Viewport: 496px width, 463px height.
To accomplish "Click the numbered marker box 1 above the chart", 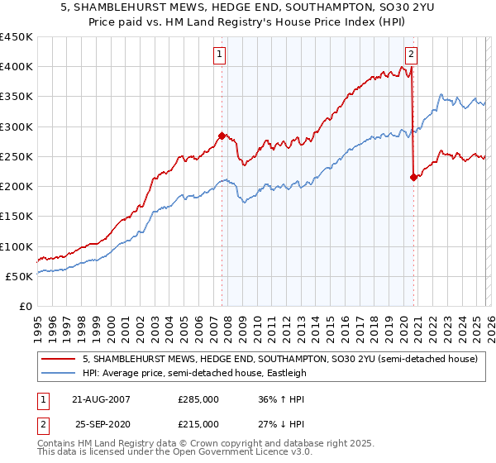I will point(221,55).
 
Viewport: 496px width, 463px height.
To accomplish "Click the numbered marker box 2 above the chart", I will point(411,55).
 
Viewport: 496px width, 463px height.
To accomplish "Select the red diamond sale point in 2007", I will point(222,136).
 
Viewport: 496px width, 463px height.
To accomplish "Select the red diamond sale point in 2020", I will point(413,177).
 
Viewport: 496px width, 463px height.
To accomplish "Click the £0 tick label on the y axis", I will point(25,306).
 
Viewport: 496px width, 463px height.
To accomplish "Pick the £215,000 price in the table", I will point(198,424).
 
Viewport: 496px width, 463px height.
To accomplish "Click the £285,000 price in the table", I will point(198,399).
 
